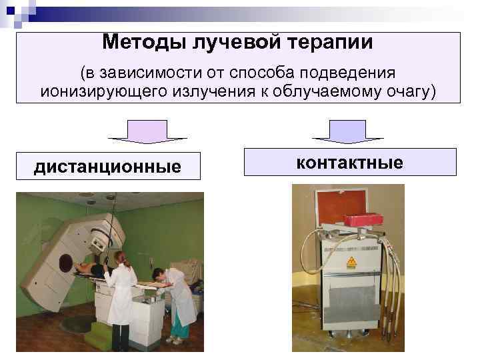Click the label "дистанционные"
[x=107, y=166]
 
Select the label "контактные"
[x=350, y=162]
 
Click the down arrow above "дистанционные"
[x=148, y=132]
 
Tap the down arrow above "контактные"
[x=348, y=132]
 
